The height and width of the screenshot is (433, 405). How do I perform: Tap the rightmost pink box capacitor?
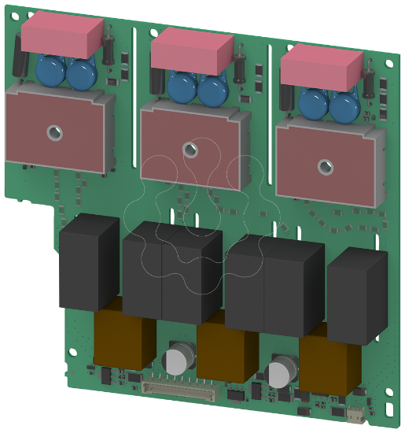pyautogui.click(x=322, y=66)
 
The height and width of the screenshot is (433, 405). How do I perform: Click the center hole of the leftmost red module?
pyautogui.click(x=53, y=132)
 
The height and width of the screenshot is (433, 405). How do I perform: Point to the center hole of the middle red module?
pyautogui.click(x=189, y=149)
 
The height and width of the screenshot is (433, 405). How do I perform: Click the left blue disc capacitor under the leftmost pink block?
pyautogui.click(x=51, y=73)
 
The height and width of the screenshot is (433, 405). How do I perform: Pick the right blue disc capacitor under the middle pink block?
pyautogui.click(x=212, y=91)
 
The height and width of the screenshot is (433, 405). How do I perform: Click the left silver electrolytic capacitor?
pyautogui.click(x=176, y=361)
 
